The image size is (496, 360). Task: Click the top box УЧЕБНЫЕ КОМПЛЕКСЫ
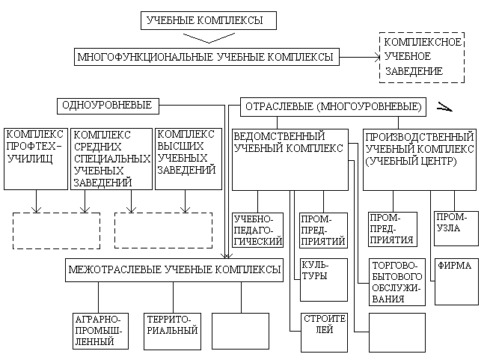click(x=209, y=20)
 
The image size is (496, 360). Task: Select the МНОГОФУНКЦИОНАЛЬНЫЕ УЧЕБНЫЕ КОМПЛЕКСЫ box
click(x=206, y=57)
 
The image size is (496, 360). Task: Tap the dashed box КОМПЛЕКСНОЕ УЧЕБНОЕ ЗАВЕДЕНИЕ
click(x=422, y=58)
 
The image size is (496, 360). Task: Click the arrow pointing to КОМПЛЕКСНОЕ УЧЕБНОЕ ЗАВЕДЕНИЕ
click(x=359, y=58)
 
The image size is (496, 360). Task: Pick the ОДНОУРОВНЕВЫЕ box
click(x=108, y=106)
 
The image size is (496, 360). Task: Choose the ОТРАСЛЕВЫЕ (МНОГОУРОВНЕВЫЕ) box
click(x=333, y=107)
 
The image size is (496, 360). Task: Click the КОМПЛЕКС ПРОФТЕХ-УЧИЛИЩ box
click(x=36, y=159)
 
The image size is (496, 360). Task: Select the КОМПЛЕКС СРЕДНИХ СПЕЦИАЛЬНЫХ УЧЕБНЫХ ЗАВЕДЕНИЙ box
click(x=111, y=159)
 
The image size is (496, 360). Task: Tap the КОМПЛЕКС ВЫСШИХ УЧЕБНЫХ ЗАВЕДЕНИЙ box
click(x=189, y=159)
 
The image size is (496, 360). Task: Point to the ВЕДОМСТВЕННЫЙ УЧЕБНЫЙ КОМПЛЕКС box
click(x=290, y=159)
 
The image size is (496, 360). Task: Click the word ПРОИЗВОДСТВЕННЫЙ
click(x=420, y=137)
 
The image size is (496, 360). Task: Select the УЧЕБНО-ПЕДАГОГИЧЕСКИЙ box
click(x=258, y=230)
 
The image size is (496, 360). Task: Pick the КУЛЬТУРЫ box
click(x=324, y=280)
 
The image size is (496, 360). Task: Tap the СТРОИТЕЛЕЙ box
click(x=324, y=332)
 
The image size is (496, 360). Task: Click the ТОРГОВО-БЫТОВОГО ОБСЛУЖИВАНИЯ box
click(x=397, y=282)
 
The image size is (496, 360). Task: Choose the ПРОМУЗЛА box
click(x=456, y=229)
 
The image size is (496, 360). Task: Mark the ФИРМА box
click(x=456, y=282)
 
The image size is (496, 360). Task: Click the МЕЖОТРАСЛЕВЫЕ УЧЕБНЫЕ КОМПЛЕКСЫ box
click(x=174, y=270)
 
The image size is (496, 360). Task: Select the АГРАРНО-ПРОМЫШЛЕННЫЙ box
click(x=100, y=332)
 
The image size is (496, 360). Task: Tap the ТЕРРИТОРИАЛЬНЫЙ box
click(x=172, y=332)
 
